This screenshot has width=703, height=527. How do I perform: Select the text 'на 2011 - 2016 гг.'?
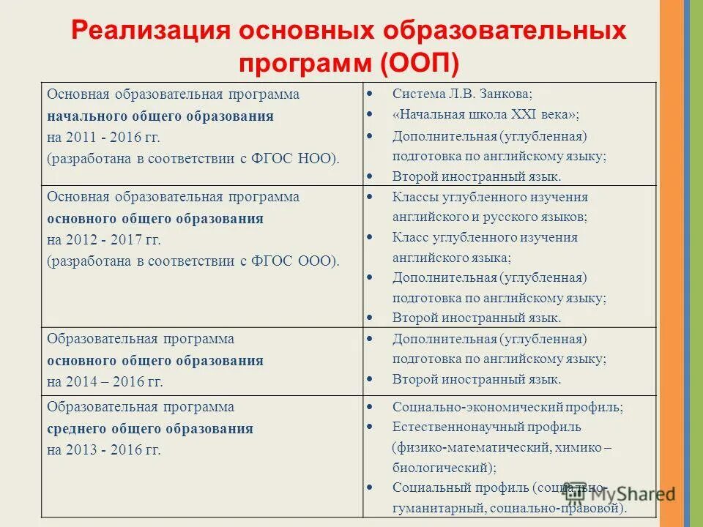click(103, 136)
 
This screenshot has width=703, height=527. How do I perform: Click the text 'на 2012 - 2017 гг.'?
click(103, 239)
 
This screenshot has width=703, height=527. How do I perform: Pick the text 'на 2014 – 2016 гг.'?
click(105, 381)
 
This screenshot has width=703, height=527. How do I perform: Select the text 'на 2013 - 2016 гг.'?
click(103, 449)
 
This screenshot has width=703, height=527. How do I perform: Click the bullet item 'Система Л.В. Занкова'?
click(462, 94)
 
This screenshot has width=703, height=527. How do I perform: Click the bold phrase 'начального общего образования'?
click(160, 116)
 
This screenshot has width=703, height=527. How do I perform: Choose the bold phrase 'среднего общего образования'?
click(150, 429)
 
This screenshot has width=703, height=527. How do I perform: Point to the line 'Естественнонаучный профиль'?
click(486, 427)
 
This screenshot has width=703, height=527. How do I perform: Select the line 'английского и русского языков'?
click(489, 217)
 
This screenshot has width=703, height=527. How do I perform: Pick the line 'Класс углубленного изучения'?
click(485, 237)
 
